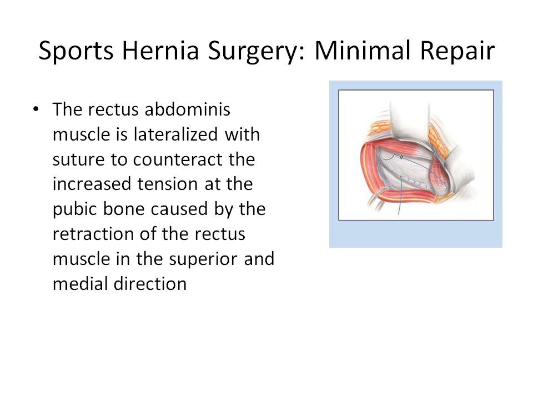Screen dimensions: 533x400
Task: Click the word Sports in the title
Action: (x=76, y=51)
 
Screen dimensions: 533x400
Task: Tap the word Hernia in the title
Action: (x=160, y=51)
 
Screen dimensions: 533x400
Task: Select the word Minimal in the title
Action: (x=363, y=51)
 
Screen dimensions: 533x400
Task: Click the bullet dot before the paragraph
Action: (x=36, y=109)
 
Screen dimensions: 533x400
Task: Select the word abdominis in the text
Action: (x=187, y=109)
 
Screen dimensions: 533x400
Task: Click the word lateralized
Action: (x=176, y=134)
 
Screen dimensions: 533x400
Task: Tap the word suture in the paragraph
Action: (x=78, y=160)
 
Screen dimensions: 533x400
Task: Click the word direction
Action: (x=150, y=284)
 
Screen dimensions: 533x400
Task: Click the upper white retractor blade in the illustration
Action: (x=409, y=122)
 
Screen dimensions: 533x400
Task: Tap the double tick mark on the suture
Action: (x=401, y=157)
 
